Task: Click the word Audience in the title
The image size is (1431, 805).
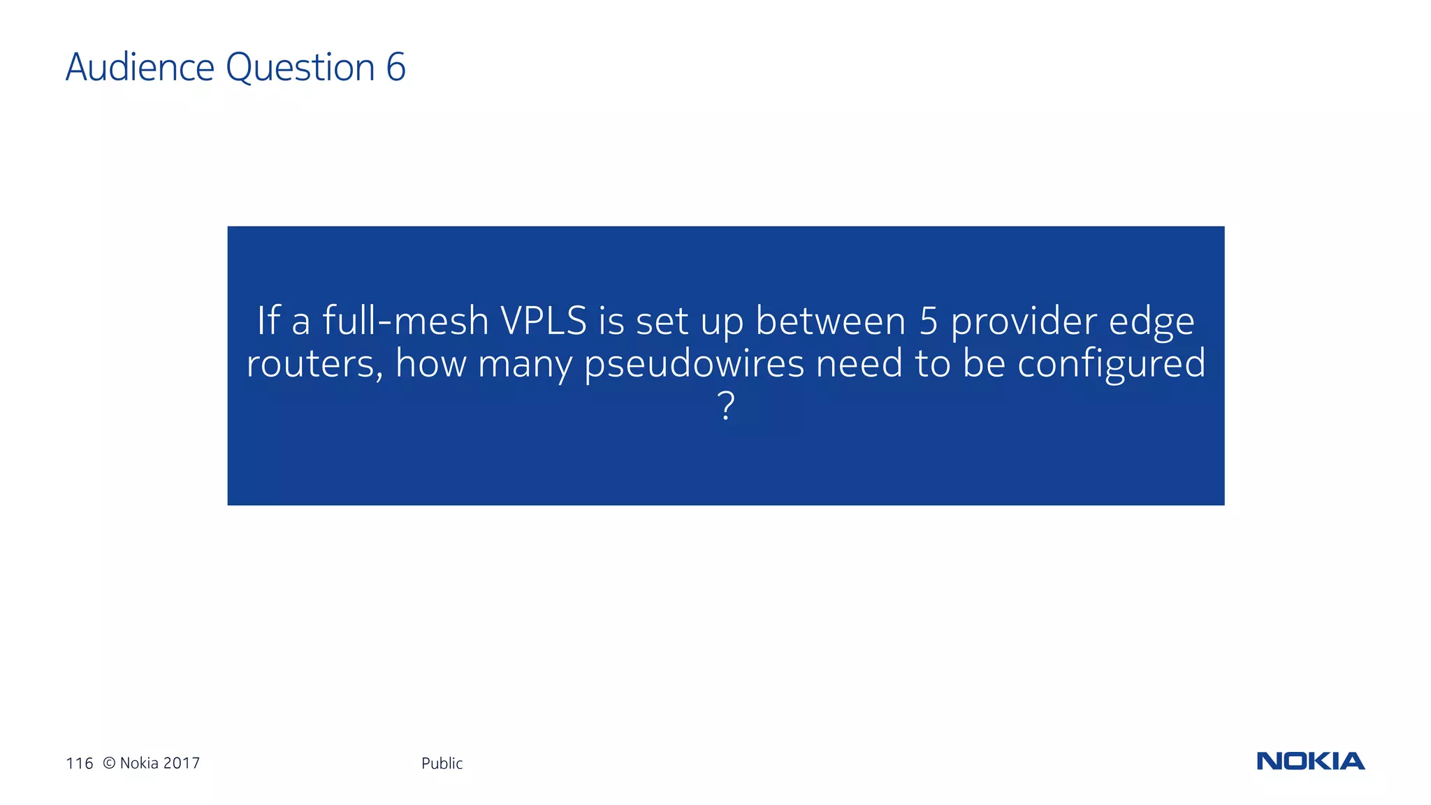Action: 140,67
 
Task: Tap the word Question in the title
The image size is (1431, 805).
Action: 300,68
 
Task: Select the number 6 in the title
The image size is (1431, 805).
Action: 395,67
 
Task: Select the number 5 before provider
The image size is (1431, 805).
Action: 928,321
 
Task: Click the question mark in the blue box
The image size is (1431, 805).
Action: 726,405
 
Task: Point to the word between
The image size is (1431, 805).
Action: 831,321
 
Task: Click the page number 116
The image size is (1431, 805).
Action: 79,763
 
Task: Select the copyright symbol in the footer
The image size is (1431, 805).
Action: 109,763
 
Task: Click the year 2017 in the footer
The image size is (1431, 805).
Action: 181,763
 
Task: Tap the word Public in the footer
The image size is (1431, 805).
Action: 442,763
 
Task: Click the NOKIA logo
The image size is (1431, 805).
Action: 1310,761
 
